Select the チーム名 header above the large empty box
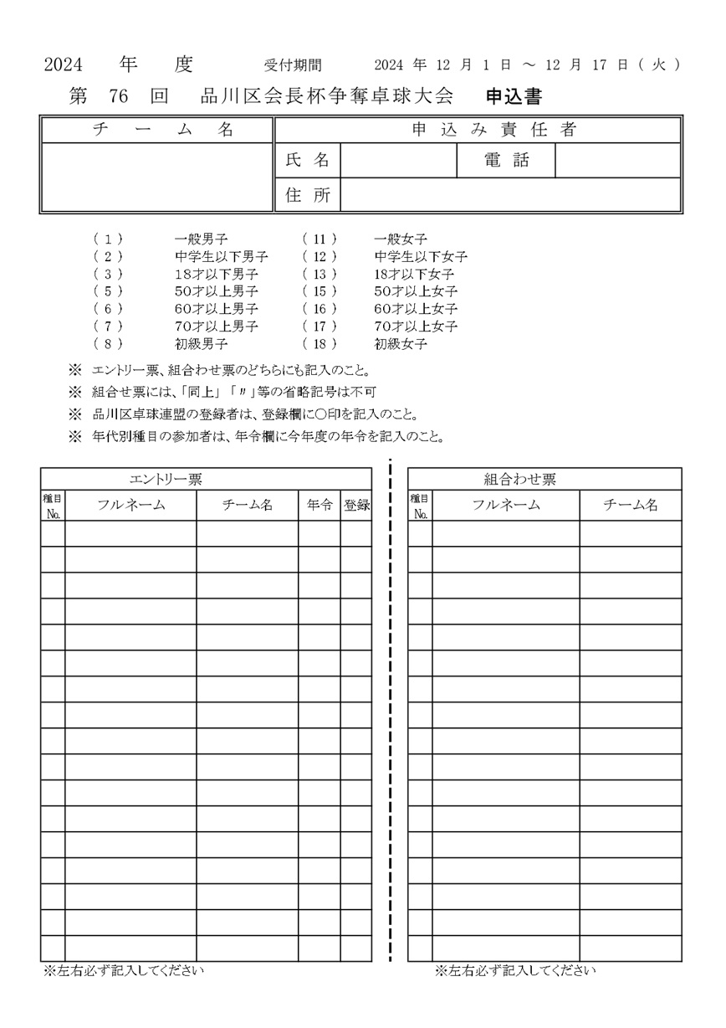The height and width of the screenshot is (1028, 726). pyautogui.click(x=157, y=130)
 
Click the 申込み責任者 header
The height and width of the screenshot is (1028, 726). pyautogui.click(x=478, y=130)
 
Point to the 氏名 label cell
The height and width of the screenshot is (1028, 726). pyautogui.click(x=308, y=161)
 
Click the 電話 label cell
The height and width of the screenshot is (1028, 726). pyautogui.click(x=506, y=161)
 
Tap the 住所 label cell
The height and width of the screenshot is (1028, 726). pyautogui.click(x=308, y=195)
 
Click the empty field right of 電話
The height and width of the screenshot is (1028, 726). pyautogui.click(x=617, y=161)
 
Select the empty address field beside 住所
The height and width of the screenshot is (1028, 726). pyautogui.click(x=510, y=195)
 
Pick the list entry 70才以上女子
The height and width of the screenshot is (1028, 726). pyautogui.click(x=416, y=326)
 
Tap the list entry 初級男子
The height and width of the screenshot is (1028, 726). pyautogui.click(x=202, y=344)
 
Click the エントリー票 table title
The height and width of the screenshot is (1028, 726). pyautogui.click(x=166, y=479)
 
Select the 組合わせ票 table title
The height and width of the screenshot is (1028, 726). pyautogui.click(x=519, y=479)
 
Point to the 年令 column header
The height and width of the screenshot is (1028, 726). pyautogui.click(x=319, y=505)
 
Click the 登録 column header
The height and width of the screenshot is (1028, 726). pyautogui.click(x=356, y=505)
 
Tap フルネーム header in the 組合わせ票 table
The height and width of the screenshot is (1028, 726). pyautogui.click(x=505, y=505)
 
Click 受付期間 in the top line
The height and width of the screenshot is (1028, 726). pyautogui.click(x=292, y=64)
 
